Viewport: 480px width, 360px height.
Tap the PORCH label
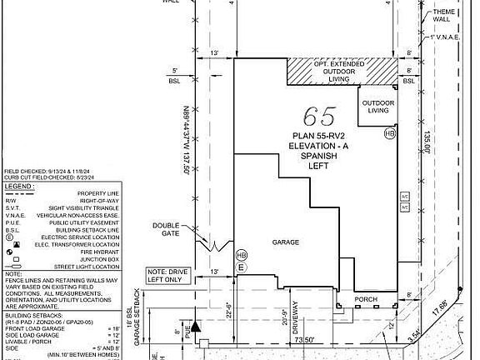pyautogui.click(x=367, y=298)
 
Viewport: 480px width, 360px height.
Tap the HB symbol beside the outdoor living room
pyautogui.click(x=389, y=133)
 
